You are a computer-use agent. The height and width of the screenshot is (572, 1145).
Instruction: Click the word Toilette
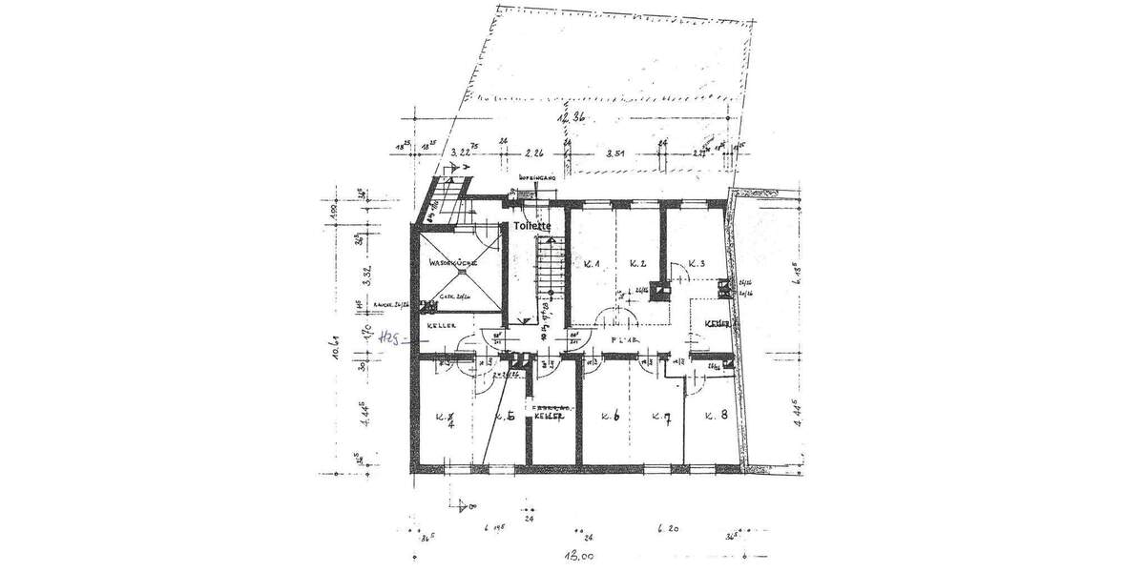532,226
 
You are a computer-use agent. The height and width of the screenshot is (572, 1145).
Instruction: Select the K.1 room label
592,264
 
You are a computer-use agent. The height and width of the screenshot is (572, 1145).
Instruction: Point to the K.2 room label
638,264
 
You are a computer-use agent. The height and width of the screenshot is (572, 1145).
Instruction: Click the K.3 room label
696,264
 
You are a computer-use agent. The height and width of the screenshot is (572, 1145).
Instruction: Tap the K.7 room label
662,417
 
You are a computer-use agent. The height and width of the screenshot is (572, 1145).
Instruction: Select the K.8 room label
716,416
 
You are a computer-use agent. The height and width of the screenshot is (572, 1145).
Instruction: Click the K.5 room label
506,418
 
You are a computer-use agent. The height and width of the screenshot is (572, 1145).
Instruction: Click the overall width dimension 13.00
576,555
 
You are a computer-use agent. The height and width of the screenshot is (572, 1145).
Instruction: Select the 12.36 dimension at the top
572,118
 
